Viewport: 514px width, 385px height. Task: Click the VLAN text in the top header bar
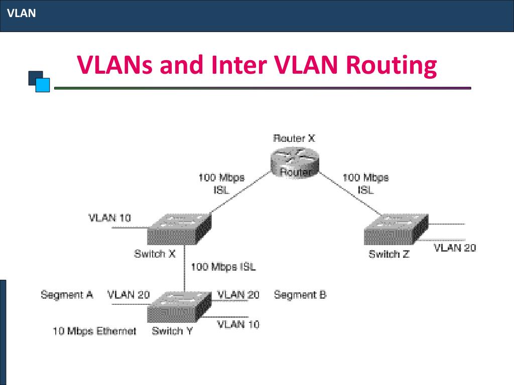coord(21,13)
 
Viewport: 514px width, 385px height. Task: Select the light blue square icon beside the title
coord(43,85)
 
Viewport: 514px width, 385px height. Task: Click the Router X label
coord(294,138)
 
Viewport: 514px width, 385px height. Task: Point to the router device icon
coord(295,163)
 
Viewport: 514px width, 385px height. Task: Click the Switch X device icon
coord(179,229)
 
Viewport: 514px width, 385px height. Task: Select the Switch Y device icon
coord(179,307)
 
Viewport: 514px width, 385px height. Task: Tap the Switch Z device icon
coord(396,229)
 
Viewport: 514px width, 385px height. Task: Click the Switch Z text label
coord(389,254)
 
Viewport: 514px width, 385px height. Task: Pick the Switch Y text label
coord(172,331)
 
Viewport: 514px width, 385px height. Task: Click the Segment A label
coord(67,295)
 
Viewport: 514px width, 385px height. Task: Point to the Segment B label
coord(300,295)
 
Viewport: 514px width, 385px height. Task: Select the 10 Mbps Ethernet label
coord(94,331)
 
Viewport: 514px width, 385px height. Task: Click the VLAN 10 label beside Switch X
coord(109,218)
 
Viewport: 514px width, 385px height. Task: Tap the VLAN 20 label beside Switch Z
coord(455,248)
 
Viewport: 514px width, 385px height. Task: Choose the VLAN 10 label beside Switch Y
coord(238,324)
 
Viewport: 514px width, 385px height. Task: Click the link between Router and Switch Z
coord(350,194)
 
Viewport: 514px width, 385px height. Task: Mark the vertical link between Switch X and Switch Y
coord(185,268)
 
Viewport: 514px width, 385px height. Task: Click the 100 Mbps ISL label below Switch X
coord(223,267)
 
